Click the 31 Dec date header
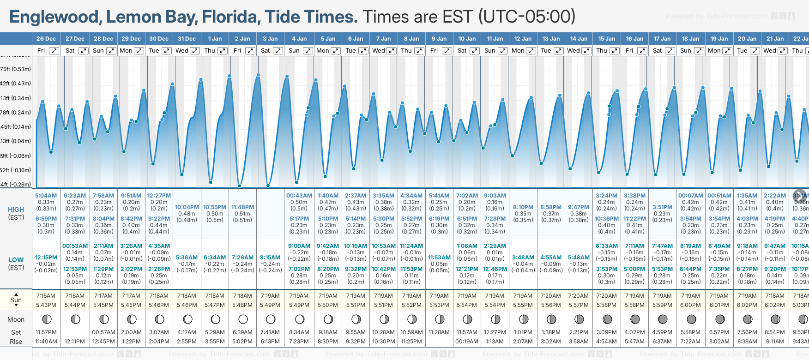187,39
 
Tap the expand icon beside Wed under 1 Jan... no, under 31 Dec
195,51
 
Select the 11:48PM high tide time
242,207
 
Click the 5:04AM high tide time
46,196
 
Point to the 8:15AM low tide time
270,258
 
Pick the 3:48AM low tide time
523,258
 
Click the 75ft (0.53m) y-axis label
16,69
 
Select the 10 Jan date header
467,39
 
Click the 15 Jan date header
607,39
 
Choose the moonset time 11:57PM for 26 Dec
46,332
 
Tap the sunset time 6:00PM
690,305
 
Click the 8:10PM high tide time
523,207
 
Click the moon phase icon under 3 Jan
271,319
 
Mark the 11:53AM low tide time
439,258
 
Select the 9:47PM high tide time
579,207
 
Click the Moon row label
16,319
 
